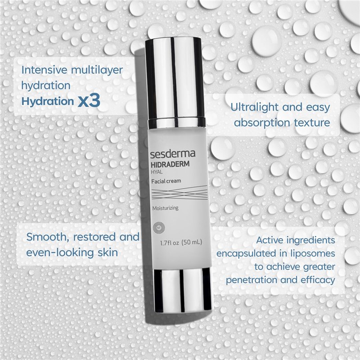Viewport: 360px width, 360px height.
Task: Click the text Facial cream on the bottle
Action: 166,181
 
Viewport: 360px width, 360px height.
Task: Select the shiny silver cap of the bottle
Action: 175,76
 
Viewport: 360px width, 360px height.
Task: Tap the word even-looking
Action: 55,252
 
